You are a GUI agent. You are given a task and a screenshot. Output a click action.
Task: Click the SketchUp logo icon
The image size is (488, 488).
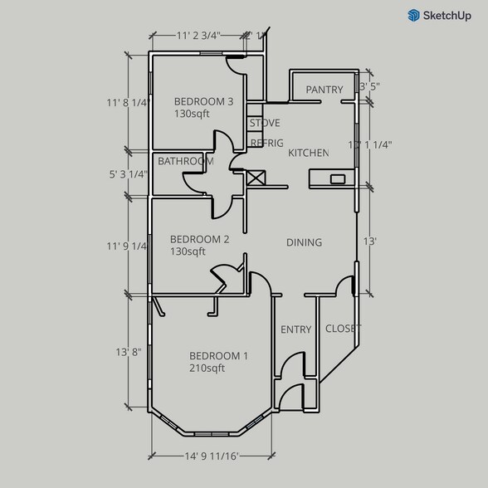click(x=413, y=15)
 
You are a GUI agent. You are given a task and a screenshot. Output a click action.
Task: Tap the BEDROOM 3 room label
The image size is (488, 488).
click(x=203, y=102)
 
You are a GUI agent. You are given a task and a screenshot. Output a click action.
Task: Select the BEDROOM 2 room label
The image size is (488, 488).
click(x=199, y=239)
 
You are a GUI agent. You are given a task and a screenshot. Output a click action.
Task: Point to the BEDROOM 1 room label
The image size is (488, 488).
click(x=218, y=356)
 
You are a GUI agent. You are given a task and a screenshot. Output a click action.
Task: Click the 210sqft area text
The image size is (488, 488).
click(x=207, y=368)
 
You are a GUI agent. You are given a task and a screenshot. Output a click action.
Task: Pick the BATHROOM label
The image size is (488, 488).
click(x=185, y=161)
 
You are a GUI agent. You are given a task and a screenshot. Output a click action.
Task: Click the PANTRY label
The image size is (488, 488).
click(x=325, y=90)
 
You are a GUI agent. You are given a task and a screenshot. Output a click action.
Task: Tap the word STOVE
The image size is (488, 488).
click(x=265, y=124)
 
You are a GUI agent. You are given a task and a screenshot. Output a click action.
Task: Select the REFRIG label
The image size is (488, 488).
click(x=266, y=143)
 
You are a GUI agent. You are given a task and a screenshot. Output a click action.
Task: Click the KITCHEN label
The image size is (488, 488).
click(x=309, y=154)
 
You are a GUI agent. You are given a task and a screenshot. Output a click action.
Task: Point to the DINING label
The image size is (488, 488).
click(x=304, y=242)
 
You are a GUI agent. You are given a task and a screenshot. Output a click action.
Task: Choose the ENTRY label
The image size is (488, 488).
click(x=295, y=329)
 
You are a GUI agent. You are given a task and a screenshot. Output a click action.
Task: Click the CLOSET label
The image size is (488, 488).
click(x=342, y=329)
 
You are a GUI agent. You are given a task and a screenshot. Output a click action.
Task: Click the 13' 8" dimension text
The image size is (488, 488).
click(x=129, y=352)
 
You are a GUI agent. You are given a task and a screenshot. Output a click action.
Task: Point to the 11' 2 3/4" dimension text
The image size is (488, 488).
click(x=198, y=36)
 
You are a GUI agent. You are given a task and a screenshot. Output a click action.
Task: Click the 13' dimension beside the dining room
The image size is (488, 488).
click(x=370, y=242)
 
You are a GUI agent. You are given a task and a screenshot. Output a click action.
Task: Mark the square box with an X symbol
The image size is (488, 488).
click(x=256, y=178)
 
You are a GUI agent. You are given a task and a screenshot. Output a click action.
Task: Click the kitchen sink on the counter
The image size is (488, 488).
click(x=337, y=178)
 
